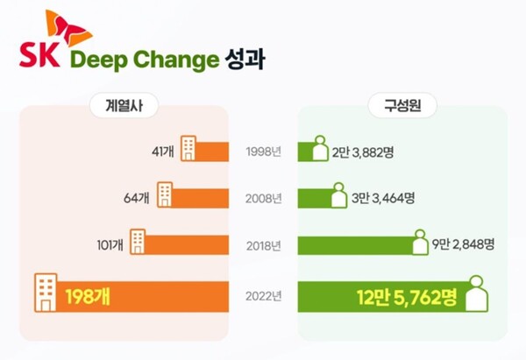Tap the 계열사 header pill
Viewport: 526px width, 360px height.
pyautogui.click(x=123, y=107)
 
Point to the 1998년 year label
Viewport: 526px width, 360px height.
pyautogui.click(x=263, y=152)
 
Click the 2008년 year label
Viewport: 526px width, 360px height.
pyautogui.click(x=263, y=198)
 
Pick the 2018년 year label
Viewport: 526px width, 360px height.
pyautogui.click(x=263, y=244)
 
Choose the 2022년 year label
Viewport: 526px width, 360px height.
pyautogui.click(x=263, y=296)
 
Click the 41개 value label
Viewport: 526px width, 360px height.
pyautogui.click(x=163, y=152)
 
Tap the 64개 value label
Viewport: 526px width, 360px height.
pyautogui.click(x=139, y=198)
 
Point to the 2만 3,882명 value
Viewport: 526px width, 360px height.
pyautogui.click(x=363, y=152)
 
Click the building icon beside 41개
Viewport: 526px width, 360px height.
pyautogui.click(x=188, y=148)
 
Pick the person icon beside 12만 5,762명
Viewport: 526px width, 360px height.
pyautogui.click(x=476, y=293)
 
